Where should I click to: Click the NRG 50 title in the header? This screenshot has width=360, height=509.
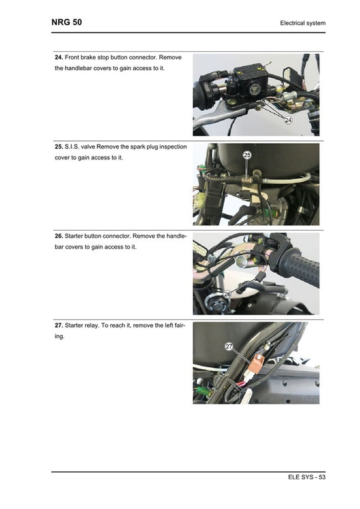pos(67,22)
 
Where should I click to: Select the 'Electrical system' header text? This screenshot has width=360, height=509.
pos(303,24)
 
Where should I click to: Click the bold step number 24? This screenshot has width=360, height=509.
pos(59,57)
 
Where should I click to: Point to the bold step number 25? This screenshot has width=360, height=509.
pos(59,146)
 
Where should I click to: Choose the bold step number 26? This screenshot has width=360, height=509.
pos(59,236)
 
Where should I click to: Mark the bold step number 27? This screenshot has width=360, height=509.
pos(59,325)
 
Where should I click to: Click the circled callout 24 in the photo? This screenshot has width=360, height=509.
pos(288,120)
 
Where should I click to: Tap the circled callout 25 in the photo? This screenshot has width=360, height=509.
pos(247,155)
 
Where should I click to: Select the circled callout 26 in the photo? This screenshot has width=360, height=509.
pos(228,294)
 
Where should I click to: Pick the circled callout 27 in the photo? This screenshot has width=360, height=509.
pos(229,346)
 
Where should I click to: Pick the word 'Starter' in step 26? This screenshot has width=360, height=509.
pos(76,236)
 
